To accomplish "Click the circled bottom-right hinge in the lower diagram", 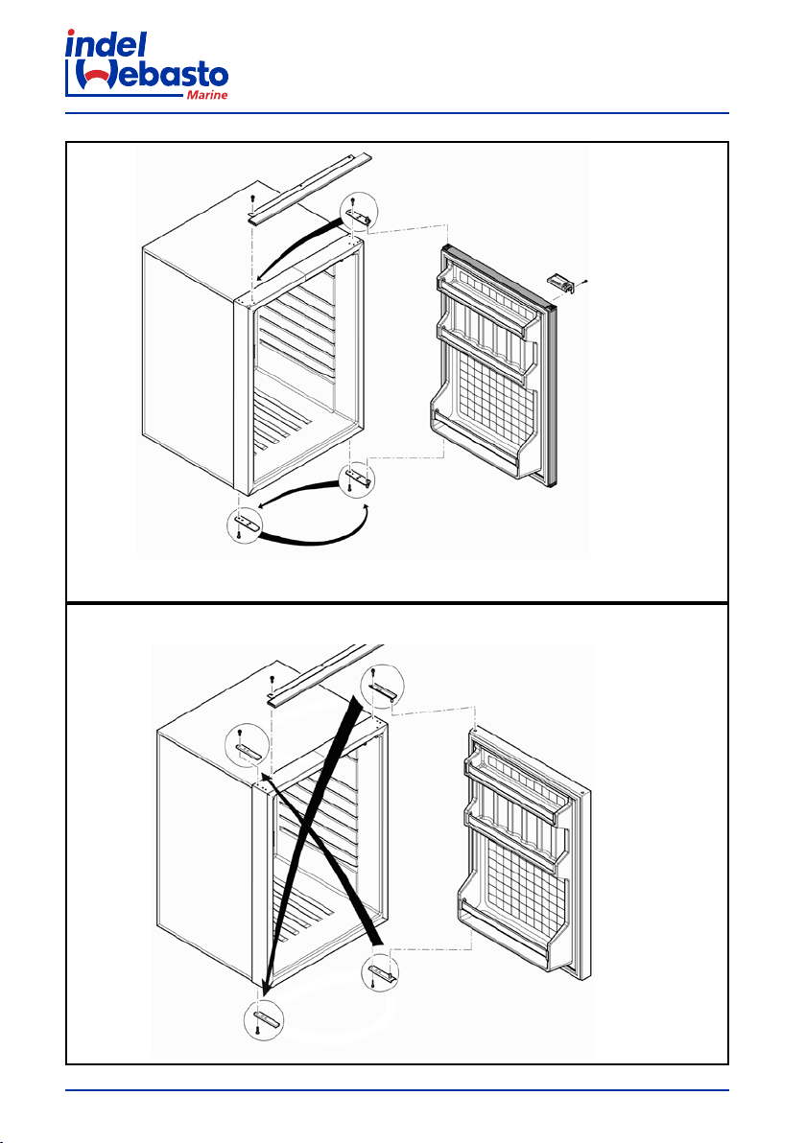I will click(x=381, y=971).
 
